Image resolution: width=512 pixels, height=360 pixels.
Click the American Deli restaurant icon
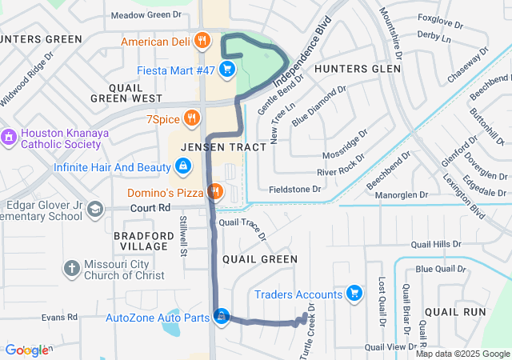coord(202,41)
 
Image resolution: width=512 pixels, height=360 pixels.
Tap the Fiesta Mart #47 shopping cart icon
coord(227,70)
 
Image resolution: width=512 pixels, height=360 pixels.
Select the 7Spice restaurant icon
coord(190,120)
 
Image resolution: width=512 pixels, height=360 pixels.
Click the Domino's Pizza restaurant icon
coord(214,192)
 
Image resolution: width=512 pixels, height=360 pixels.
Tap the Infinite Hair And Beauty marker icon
coord(183,167)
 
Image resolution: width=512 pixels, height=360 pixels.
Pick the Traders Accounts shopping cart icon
coord(354,294)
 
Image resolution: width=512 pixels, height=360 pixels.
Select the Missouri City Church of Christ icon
coord(71,268)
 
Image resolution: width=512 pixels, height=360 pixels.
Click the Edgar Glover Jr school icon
coord(95,210)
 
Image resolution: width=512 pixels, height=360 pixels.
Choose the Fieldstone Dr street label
coord(295,190)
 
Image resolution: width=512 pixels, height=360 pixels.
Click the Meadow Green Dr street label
coord(146,14)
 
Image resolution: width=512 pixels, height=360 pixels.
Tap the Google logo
coord(26,350)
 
